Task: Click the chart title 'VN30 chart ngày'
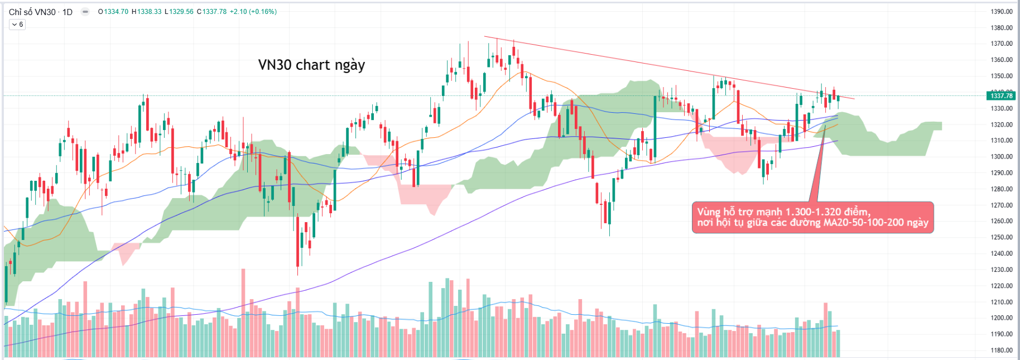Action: click(311, 65)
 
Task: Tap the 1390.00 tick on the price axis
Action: click(1001, 12)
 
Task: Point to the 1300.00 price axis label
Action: click(1001, 157)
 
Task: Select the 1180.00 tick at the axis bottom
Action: click(1001, 351)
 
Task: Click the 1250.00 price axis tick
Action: click(1001, 237)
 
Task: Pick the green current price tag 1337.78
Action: click(1001, 96)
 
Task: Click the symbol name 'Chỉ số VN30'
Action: click(32, 12)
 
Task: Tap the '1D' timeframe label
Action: click(68, 12)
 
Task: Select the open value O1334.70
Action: click(113, 12)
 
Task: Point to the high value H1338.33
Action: click(147, 12)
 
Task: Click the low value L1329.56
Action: click(179, 12)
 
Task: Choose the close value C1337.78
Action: click(212, 12)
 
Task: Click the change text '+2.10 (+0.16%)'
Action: click(253, 12)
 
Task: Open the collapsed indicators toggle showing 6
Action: click(17, 25)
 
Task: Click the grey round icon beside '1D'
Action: click(85, 12)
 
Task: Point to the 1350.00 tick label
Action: click(1001, 76)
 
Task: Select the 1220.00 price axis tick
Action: click(1001, 286)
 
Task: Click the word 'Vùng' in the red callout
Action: click(709, 212)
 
